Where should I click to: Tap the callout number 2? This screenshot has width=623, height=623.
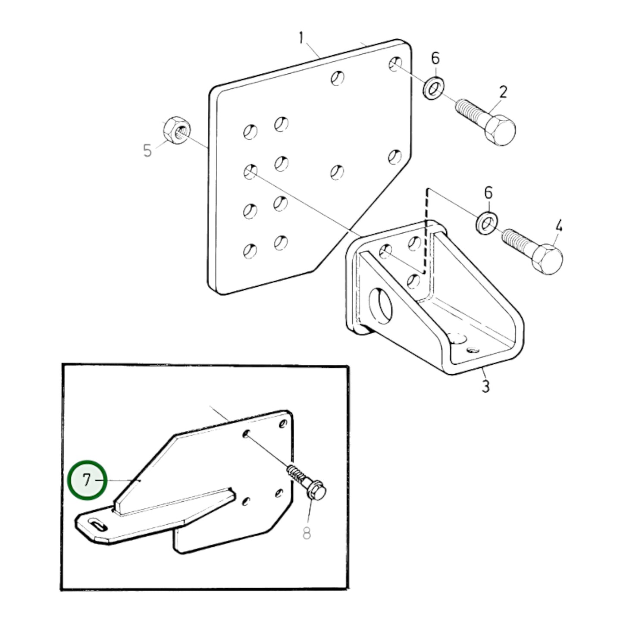(503, 92)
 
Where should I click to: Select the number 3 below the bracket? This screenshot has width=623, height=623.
(485, 386)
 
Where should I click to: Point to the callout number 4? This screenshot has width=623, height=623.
(558, 225)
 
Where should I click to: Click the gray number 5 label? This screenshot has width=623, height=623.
(147, 151)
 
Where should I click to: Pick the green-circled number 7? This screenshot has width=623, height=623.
(87, 480)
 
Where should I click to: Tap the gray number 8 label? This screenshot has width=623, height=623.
(307, 534)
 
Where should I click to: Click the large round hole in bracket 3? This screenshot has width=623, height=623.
(381, 306)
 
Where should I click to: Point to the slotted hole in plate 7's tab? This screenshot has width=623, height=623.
(97, 525)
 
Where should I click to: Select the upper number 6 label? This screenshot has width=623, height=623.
(435, 58)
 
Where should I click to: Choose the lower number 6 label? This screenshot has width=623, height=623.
(488, 193)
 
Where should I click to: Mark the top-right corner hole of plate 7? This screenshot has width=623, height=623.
(283, 423)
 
